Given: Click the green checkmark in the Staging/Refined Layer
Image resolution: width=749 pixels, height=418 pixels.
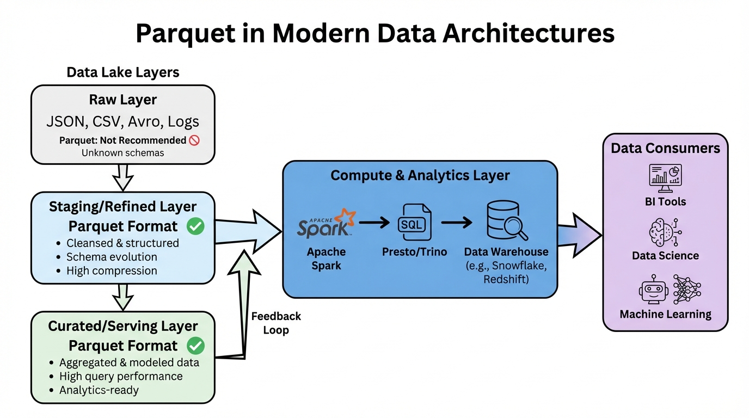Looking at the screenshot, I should tap(195, 226).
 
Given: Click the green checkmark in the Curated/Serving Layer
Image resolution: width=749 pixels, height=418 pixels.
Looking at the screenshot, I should tap(195, 346).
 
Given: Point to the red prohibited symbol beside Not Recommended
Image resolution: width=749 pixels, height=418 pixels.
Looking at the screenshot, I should tap(194, 140).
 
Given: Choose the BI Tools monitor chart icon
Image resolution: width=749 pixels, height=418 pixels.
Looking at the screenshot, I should tap(665, 177).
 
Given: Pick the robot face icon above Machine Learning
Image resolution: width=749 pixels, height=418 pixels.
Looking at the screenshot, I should tap(653, 290).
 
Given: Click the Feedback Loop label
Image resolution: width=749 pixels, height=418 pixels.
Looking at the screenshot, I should tap(276, 323).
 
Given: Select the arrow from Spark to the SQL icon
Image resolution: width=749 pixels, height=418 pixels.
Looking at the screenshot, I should tap(374, 222).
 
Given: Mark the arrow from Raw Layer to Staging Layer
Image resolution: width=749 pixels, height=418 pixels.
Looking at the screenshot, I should tap(122, 177).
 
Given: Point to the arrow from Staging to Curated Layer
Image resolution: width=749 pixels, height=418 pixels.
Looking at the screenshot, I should tap(122, 297).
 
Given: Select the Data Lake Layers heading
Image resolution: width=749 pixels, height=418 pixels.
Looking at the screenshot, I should tap(123, 72).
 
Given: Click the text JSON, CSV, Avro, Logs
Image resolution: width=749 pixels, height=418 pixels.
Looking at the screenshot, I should tap(122, 121).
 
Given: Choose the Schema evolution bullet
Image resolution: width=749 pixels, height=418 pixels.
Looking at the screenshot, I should tap(112, 257).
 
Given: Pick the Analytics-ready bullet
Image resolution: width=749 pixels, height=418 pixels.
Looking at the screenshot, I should tap(99, 390).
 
